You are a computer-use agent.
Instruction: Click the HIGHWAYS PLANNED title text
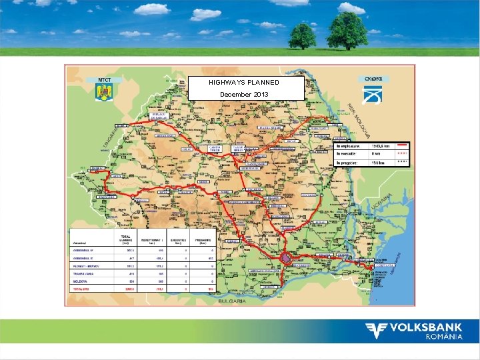pyautogui.click(x=243, y=82)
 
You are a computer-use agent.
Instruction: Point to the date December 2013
pyautogui.click(x=244, y=95)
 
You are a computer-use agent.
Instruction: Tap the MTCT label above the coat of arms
pyautogui.click(x=104, y=80)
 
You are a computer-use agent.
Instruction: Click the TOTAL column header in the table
pyautogui.click(x=125, y=238)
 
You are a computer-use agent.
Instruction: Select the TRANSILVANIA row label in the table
pyautogui.click(x=84, y=274)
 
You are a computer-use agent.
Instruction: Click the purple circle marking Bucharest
pyautogui.click(x=286, y=257)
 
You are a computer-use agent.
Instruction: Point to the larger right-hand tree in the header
pyautogui.click(x=347, y=29)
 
